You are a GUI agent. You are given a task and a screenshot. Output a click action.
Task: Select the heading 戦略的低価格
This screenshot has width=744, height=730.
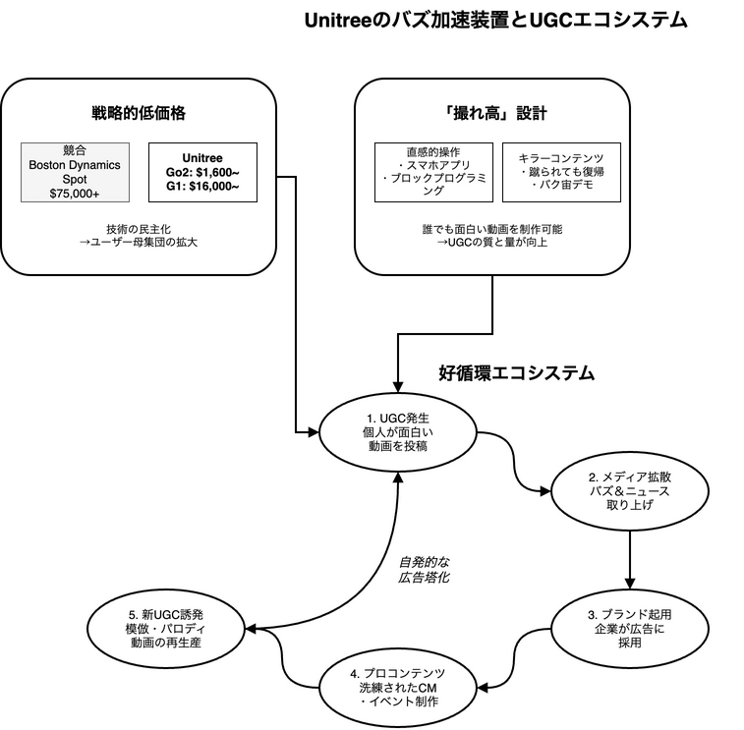(x=139, y=113)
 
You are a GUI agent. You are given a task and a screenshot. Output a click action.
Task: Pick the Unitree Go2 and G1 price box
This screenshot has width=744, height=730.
(x=202, y=172)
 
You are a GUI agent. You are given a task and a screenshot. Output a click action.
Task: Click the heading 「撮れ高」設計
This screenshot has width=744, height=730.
(x=491, y=113)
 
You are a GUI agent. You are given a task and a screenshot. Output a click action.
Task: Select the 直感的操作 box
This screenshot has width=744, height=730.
(x=432, y=172)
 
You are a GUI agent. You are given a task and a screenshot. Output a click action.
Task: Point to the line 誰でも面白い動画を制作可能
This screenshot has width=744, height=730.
(x=491, y=228)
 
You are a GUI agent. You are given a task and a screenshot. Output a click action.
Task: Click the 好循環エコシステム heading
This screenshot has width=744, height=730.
(x=516, y=373)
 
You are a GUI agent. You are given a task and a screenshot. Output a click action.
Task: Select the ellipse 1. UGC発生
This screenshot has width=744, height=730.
(x=398, y=431)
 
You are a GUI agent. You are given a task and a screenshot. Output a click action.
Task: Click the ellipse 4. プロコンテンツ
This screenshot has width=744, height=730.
(x=398, y=687)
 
